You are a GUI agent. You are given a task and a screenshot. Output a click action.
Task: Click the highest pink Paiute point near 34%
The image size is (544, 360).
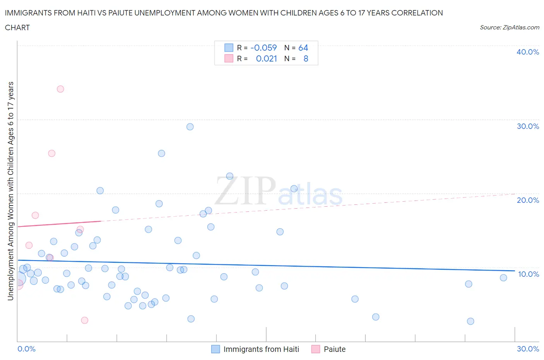60,89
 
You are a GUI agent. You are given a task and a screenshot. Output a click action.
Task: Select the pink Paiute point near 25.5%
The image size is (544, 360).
51,153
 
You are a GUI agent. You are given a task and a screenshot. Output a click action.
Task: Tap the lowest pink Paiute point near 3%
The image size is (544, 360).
84,320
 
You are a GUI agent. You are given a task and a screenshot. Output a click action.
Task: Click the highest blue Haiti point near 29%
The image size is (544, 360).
190,127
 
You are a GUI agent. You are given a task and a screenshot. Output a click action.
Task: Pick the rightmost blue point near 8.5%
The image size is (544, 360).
503,278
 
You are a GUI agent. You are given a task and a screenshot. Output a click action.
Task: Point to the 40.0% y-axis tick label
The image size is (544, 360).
527,52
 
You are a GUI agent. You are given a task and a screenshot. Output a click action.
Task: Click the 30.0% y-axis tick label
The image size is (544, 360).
527,126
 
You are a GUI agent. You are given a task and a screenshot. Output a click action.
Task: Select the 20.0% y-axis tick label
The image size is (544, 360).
527,200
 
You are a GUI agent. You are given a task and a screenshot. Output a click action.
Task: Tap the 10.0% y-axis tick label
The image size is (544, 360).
528,274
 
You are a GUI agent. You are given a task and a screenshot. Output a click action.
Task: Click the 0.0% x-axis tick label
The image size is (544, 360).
26,349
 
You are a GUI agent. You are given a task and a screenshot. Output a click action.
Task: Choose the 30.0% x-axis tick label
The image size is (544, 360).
528,349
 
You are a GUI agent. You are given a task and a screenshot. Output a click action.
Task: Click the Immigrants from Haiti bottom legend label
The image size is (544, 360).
261,349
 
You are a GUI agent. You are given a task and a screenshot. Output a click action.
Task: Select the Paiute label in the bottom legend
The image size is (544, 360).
334,349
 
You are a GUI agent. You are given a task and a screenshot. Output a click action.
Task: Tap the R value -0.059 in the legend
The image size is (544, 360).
263,48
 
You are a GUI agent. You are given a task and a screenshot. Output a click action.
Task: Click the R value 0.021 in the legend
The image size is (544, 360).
266,58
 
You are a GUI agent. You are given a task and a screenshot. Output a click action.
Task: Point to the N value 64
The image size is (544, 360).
303,48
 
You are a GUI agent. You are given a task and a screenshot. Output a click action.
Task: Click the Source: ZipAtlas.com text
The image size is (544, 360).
509,27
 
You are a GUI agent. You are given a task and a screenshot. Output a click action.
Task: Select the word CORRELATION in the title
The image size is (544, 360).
417,13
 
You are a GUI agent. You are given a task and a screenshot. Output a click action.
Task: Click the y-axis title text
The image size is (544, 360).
10,191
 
